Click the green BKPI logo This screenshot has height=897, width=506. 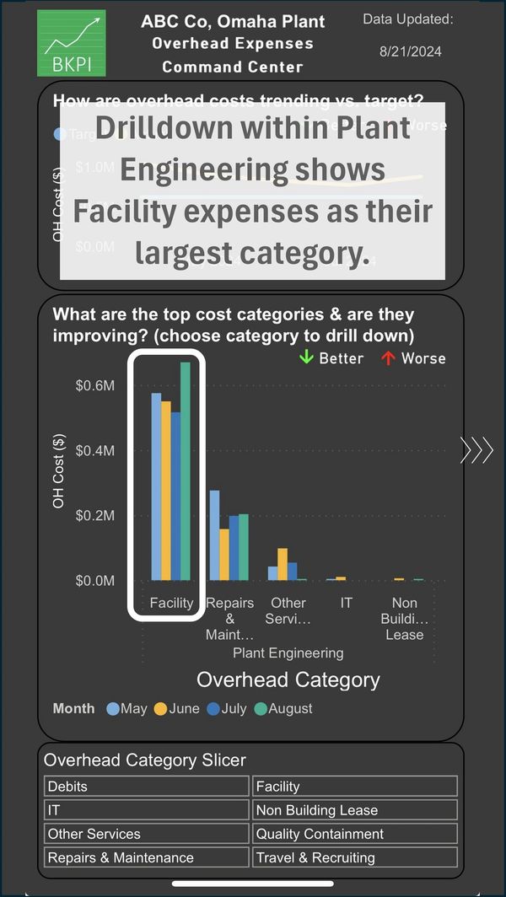click(x=72, y=44)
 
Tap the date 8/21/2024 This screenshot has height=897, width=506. click(x=410, y=51)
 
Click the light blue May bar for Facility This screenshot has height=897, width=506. click(x=156, y=486)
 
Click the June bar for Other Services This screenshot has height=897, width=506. click(x=283, y=564)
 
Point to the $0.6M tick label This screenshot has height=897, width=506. click(x=95, y=385)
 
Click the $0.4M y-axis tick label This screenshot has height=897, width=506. click(x=95, y=450)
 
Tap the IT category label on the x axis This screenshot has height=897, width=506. click(x=346, y=603)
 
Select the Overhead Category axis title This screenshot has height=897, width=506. click(x=288, y=679)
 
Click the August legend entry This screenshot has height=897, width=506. click(x=283, y=708)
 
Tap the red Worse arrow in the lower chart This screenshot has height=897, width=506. click(x=388, y=358)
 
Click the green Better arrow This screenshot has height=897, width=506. click(x=306, y=358)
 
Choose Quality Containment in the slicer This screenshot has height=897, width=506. click(x=355, y=834)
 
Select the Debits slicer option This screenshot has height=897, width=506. click(x=146, y=787)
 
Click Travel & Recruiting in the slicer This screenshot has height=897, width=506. click(x=355, y=857)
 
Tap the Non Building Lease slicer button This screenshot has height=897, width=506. click(x=355, y=810)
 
